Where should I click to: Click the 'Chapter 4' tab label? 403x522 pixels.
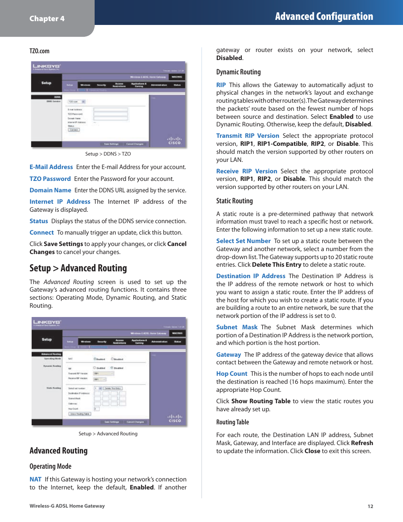(47, 19)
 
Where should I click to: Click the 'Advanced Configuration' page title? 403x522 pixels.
(324, 16)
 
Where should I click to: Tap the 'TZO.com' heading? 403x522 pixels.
(39, 51)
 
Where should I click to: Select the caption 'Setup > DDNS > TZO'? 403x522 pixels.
(108, 154)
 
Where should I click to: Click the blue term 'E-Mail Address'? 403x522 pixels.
(51, 167)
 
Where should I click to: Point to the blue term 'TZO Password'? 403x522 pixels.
(50, 179)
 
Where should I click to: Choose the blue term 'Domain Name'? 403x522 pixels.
(50, 190)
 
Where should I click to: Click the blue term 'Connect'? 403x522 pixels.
(41, 232)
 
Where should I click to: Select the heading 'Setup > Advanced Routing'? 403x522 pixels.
(78, 268)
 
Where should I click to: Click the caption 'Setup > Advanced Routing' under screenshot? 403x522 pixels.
(108, 434)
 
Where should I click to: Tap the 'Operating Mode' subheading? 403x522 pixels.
(50, 466)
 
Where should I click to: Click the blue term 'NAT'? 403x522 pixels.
(35, 479)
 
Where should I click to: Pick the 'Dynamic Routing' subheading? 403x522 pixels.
(238, 72)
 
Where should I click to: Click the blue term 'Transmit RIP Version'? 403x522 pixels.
(248, 136)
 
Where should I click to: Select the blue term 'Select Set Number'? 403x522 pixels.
(243, 241)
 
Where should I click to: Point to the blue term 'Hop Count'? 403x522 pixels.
(231, 374)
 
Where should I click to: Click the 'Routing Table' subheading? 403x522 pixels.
(232, 422)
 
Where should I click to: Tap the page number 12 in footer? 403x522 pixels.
(370, 506)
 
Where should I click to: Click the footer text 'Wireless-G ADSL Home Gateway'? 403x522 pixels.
(67, 506)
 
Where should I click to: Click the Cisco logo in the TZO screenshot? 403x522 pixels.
(174, 141)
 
